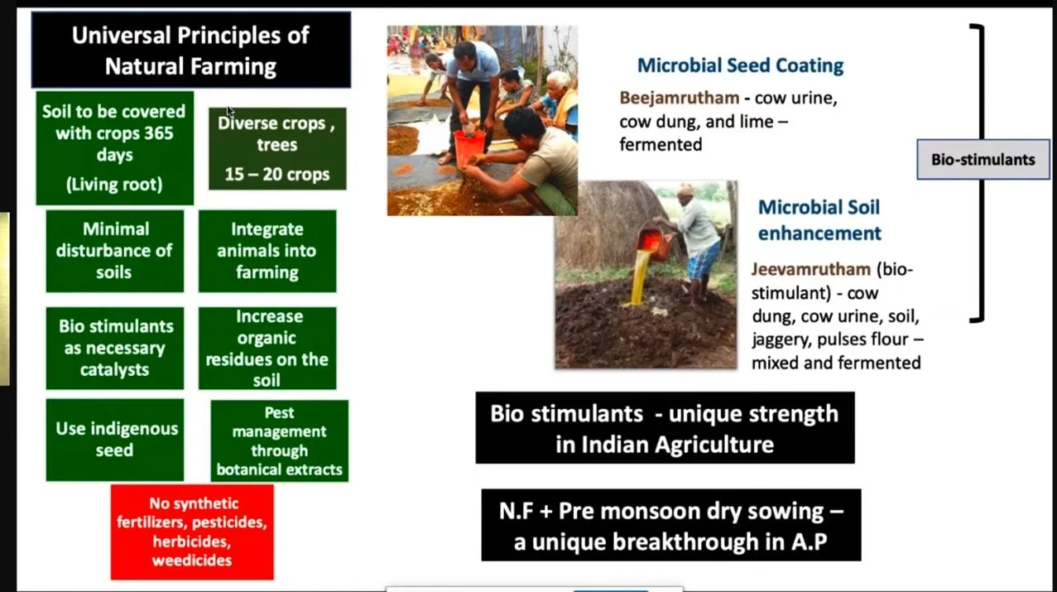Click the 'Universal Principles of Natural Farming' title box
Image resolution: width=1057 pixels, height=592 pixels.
pyautogui.click(x=190, y=50)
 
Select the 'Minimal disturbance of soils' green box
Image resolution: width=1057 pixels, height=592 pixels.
pyautogui.click(x=115, y=250)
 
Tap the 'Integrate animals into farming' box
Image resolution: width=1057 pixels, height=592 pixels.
pyautogui.click(x=267, y=250)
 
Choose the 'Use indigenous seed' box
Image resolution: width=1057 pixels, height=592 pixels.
pyautogui.click(x=115, y=439)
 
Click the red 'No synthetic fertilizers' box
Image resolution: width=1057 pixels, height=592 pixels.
pyautogui.click(x=192, y=532)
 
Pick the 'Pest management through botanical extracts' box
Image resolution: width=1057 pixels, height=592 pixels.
pyautogui.click(x=279, y=440)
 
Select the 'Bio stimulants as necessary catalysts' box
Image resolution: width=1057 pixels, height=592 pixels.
pyautogui.click(x=115, y=348)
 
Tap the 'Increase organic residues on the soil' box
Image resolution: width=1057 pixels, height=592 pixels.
pyautogui.click(x=267, y=348)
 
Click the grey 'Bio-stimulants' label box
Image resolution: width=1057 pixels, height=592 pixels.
pyautogui.click(x=983, y=159)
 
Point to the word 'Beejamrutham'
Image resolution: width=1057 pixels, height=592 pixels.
pyautogui.click(x=679, y=99)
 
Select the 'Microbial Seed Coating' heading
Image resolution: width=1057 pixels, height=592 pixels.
pyautogui.click(x=740, y=65)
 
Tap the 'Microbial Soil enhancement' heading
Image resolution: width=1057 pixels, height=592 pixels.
pyautogui.click(x=819, y=219)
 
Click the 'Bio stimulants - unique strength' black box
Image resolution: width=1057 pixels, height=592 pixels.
pyautogui.click(x=665, y=427)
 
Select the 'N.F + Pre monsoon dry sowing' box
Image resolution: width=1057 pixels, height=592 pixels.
pyautogui.click(x=670, y=525)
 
